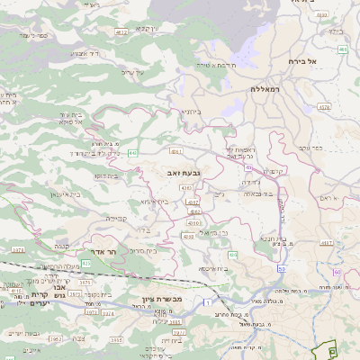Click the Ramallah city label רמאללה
[x=267, y=90]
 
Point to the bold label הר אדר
[x=105, y=253]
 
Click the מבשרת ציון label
[x=162, y=299]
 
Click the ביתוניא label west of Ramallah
[x=191, y=111]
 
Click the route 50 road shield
[x=282, y=269]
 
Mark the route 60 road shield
[x=337, y=272]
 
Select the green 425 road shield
[x=85, y=263]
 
